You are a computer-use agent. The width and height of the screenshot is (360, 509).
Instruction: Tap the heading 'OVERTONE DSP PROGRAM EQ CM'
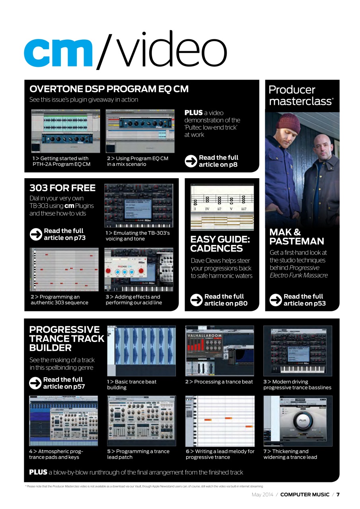[109, 89]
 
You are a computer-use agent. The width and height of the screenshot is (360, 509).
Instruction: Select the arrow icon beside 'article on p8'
[191, 161]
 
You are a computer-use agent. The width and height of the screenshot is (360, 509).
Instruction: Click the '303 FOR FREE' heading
[62, 188]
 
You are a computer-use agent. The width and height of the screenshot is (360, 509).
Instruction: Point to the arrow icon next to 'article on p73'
[36, 234]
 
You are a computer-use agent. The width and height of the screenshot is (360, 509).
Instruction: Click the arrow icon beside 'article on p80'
[197, 300]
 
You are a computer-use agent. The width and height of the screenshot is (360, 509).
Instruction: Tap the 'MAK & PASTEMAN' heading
[296, 237]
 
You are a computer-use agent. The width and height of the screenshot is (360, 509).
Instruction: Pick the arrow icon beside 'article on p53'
[276, 300]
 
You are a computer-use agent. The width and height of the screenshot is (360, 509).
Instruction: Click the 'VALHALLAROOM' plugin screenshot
[220, 350]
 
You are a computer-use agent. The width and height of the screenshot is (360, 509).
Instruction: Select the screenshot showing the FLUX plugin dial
[298, 421]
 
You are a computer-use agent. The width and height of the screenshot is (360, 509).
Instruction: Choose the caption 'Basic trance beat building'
[132, 385]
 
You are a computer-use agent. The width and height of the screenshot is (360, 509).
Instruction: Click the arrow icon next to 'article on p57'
[35, 383]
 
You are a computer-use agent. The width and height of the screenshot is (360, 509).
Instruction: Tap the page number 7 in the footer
[338, 495]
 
